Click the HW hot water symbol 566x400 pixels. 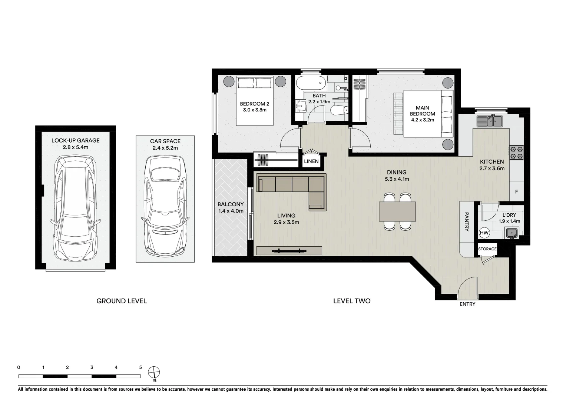click(x=484, y=233)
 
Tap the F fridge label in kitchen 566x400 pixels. click(x=516, y=192)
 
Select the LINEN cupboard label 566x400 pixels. click(x=311, y=161)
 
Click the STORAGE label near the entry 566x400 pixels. click(x=487, y=249)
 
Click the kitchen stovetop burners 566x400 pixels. click(x=516, y=153)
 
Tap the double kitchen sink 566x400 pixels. click(x=489, y=121)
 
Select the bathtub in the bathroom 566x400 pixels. click(x=311, y=83)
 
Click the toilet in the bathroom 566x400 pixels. click(x=340, y=110)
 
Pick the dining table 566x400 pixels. click(x=397, y=211)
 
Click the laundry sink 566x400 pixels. click(x=512, y=233)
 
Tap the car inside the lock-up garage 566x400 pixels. click(x=75, y=208)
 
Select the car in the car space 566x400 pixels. click(x=165, y=206)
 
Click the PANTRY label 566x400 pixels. click(x=467, y=222)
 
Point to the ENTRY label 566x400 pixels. click(x=467, y=304)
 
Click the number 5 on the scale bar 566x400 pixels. click(x=140, y=367)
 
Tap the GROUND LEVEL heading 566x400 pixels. click(x=122, y=301)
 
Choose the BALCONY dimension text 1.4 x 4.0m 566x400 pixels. click(x=231, y=211)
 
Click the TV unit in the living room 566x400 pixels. click(x=289, y=251)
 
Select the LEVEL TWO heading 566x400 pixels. click(x=352, y=301)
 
